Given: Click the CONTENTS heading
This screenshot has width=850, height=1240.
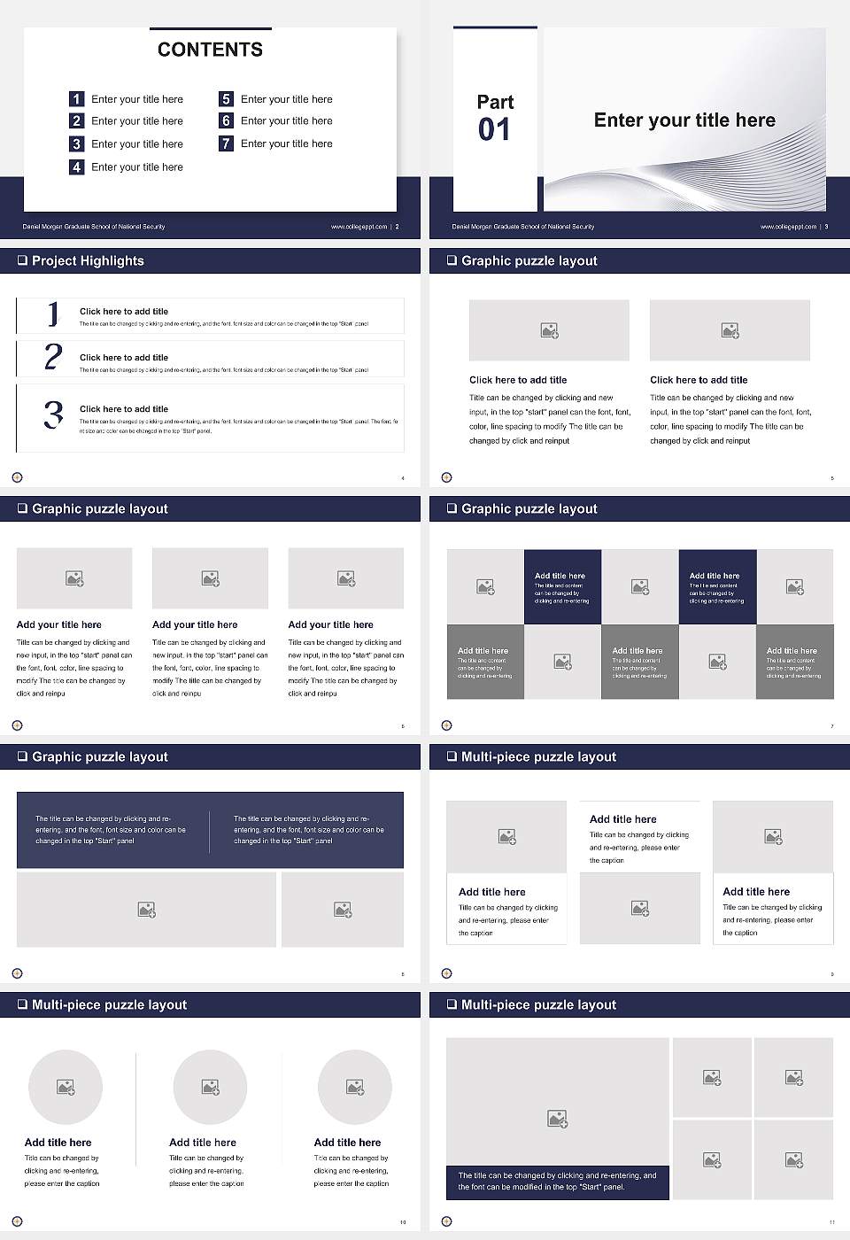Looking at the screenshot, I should click(x=210, y=50).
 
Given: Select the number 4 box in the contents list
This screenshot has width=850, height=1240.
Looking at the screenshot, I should click(x=77, y=167).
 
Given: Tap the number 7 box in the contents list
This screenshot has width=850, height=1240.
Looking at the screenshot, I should click(x=226, y=143).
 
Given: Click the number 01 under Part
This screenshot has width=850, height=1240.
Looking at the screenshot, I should click(x=494, y=130).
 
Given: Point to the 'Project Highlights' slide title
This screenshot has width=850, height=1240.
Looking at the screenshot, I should click(x=88, y=260).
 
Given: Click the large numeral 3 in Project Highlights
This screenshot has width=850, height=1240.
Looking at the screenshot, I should click(x=53, y=415).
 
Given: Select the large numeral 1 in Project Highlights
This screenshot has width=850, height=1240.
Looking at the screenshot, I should click(x=53, y=314).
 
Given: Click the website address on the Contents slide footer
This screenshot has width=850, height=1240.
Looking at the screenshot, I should click(x=359, y=227).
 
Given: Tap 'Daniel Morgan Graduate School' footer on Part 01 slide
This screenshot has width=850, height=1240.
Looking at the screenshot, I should click(x=522, y=227).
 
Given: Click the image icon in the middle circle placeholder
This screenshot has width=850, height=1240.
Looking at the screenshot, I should click(x=211, y=1087).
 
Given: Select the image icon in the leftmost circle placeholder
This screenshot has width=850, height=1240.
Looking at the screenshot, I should click(x=66, y=1087).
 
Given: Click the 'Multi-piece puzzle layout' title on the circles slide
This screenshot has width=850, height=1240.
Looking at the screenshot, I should click(x=109, y=1004).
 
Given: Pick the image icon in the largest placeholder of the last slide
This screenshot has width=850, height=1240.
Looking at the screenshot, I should click(x=557, y=1120).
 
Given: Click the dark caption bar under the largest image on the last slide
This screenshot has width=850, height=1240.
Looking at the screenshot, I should click(x=557, y=1182).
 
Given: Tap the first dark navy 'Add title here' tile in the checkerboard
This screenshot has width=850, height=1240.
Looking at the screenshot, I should click(x=562, y=586).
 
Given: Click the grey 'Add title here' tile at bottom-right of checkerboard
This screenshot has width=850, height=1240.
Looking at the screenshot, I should click(x=794, y=662).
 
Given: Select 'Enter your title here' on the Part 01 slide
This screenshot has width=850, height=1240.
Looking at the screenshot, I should click(x=684, y=120).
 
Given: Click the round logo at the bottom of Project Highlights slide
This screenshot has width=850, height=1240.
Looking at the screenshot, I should click(x=17, y=477).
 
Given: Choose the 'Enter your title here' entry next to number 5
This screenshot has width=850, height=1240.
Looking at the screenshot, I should click(x=286, y=99).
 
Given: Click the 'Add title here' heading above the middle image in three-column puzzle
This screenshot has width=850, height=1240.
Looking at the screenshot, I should click(x=623, y=819).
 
